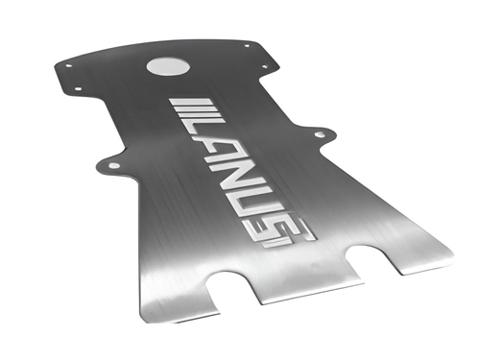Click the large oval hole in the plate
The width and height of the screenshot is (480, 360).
point(168,67)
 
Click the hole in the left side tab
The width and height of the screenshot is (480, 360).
point(114,165)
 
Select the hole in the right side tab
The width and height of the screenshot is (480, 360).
point(320,134)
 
